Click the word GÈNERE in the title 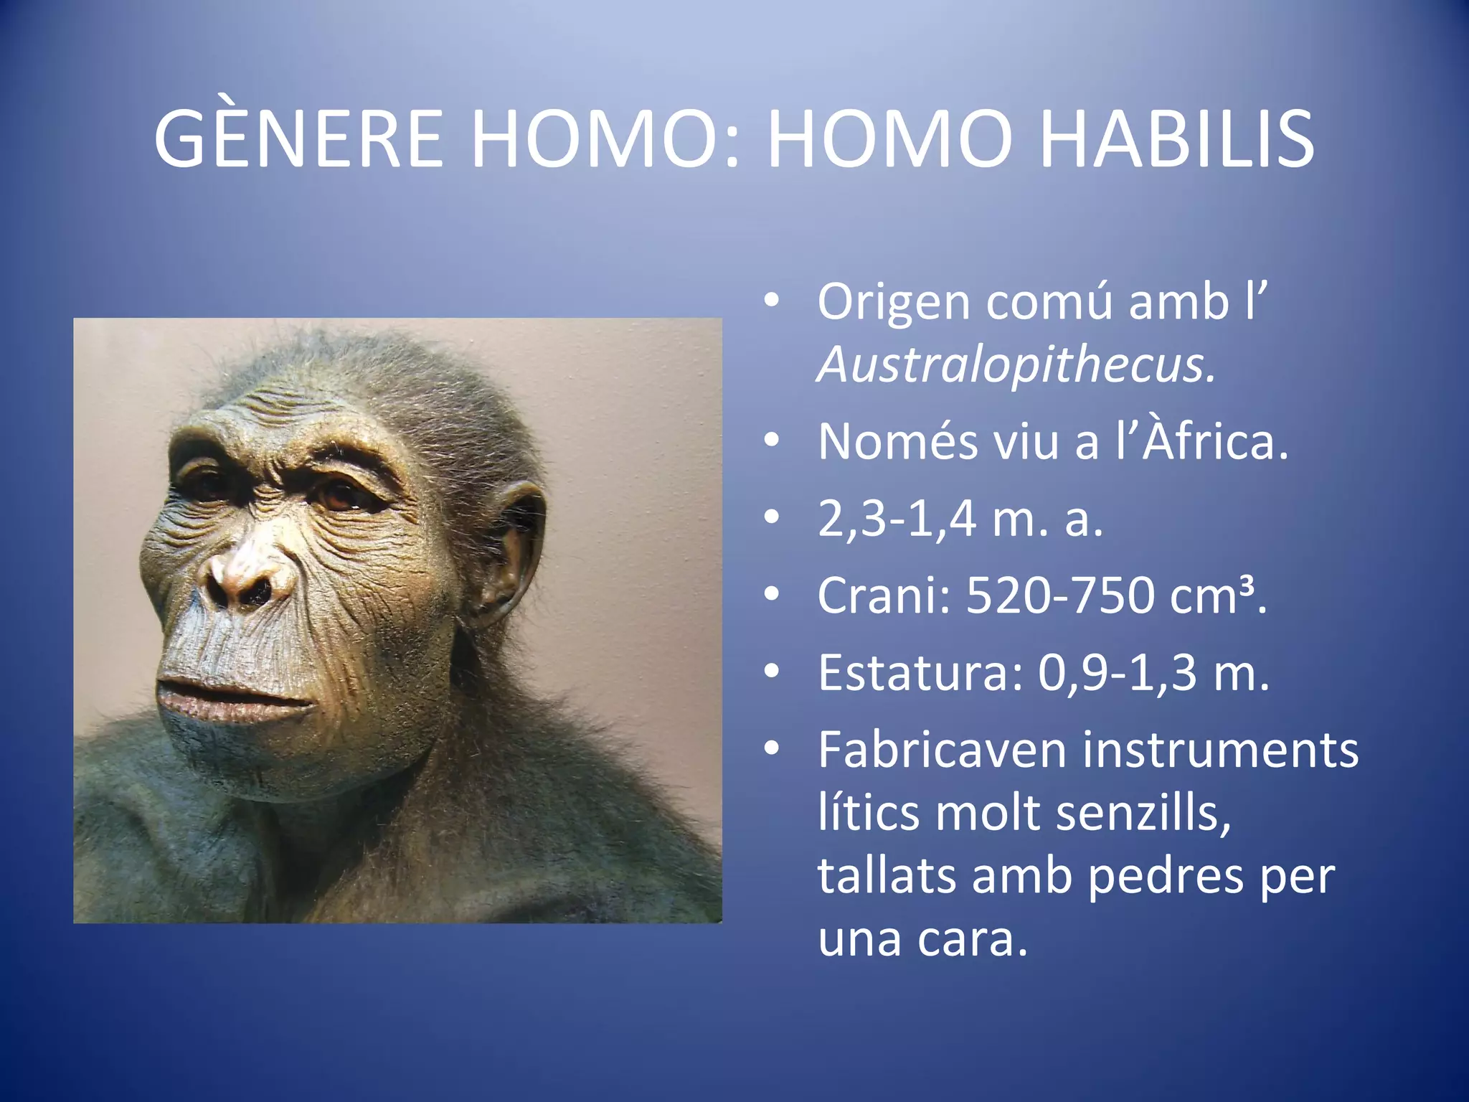(x=298, y=140)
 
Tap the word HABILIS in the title (x=1176, y=140)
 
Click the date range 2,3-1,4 (x=897, y=519)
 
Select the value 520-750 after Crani (x=1061, y=595)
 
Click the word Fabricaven (x=943, y=750)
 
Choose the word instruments (x=1220, y=750)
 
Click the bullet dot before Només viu (x=771, y=440)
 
